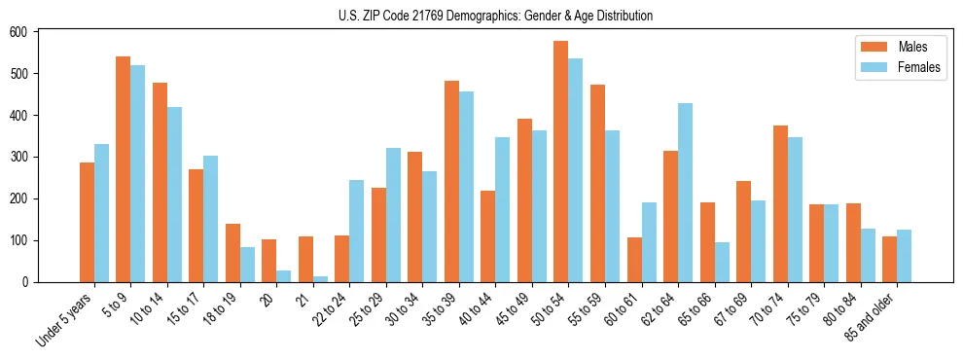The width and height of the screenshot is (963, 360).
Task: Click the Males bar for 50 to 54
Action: (x=561, y=162)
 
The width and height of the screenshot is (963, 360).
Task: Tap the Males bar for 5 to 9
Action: (x=124, y=169)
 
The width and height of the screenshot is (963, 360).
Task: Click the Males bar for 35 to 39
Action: (x=451, y=181)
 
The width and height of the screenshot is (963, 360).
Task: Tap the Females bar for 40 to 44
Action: (x=503, y=209)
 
